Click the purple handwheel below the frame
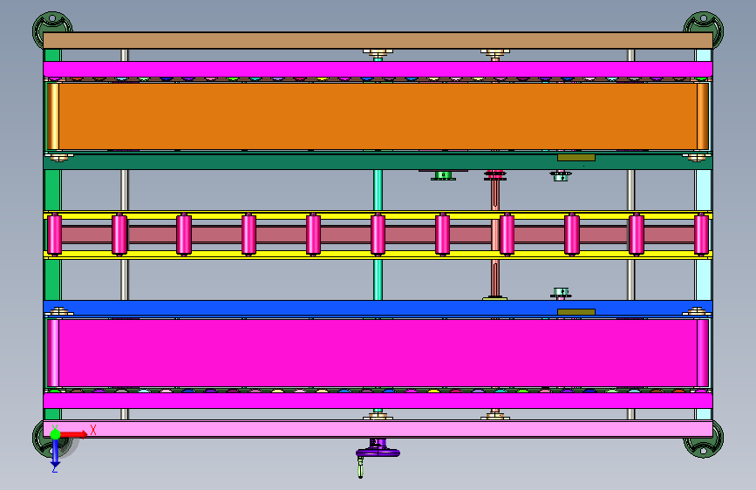tap(378, 453)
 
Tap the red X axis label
tap(93, 430)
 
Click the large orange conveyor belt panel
tap(378, 116)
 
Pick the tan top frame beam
tap(378, 40)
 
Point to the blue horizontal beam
tap(378, 308)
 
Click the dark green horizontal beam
tap(378, 161)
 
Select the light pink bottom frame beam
tap(378, 429)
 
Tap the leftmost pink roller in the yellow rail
tap(54, 235)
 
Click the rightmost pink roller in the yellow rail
tap(701, 235)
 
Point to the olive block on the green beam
tap(576, 158)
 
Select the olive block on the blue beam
tap(576, 312)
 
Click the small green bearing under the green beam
tap(443, 175)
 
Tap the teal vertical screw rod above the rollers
tap(378, 190)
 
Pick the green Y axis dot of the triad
tap(55, 434)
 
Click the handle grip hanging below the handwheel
tap(361, 468)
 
